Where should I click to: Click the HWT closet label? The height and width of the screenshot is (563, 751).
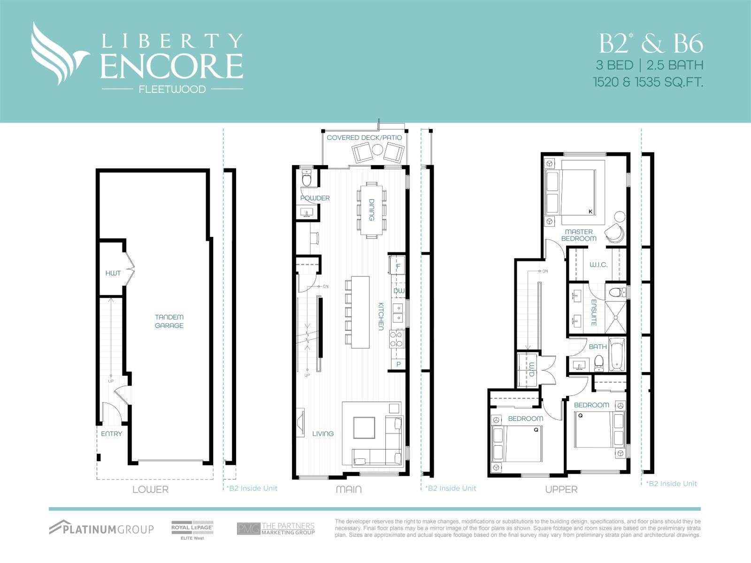[113, 273]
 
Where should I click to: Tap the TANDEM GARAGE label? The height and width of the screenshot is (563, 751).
[169, 321]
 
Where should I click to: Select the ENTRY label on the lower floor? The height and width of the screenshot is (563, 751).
[111, 434]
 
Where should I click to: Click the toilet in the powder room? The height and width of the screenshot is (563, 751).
[307, 179]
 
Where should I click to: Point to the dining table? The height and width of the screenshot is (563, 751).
[371, 210]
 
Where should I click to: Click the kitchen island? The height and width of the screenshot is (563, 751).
[360, 312]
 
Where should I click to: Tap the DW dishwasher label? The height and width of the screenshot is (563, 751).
[398, 291]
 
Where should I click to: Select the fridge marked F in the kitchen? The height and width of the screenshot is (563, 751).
[398, 266]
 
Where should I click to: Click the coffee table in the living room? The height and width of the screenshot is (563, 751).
[364, 427]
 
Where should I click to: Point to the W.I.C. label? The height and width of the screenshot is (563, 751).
[598, 265]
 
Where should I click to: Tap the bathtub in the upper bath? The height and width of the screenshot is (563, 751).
[617, 355]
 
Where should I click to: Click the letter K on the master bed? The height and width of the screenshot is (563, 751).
[590, 212]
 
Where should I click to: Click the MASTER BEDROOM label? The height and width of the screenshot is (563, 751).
[579, 235]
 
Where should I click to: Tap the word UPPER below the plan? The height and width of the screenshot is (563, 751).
[561, 489]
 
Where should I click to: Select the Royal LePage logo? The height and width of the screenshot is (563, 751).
[192, 529]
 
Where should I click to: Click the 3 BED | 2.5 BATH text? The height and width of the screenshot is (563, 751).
[650, 65]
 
